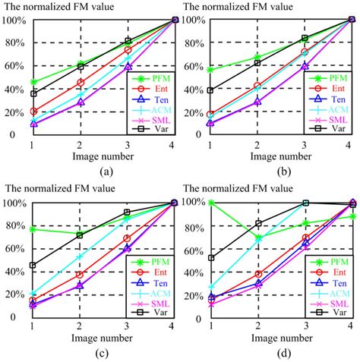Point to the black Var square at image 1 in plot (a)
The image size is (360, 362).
(x=33, y=93)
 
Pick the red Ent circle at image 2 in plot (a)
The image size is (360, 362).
(x=81, y=83)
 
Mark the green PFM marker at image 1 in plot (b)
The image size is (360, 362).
(x=210, y=70)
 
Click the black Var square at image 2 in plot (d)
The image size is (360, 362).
(x=258, y=223)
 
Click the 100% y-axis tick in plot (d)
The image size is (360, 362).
(x=192, y=203)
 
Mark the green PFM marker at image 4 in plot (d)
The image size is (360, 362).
(x=352, y=216)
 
